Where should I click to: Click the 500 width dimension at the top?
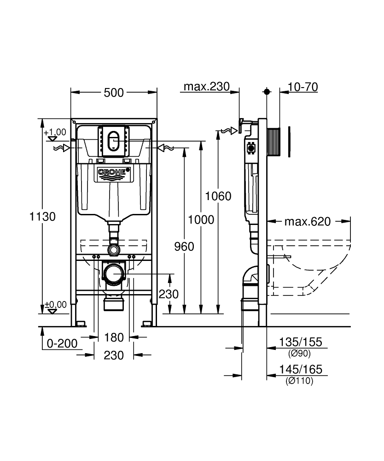click(x=114, y=93)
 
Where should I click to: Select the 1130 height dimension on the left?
click(x=42, y=216)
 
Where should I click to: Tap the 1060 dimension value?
click(x=218, y=196)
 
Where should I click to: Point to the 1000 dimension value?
click(x=201, y=220)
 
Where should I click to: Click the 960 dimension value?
click(x=184, y=247)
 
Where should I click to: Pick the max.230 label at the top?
click(x=206, y=87)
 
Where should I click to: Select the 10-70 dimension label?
click(x=303, y=87)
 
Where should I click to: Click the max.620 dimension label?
click(x=307, y=222)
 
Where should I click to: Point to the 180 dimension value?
click(x=114, y=337)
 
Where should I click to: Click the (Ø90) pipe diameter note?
click(x=300, y=354)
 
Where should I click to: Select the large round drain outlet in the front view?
click(x=114, y=275)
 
